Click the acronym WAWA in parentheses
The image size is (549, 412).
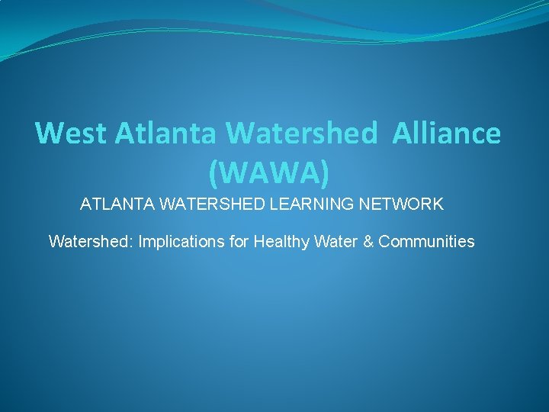tap(270, 173)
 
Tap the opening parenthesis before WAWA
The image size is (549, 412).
tap(213, 175)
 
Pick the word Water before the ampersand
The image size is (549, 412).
tap(335, 242)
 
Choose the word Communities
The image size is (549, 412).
tap(426, 242)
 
